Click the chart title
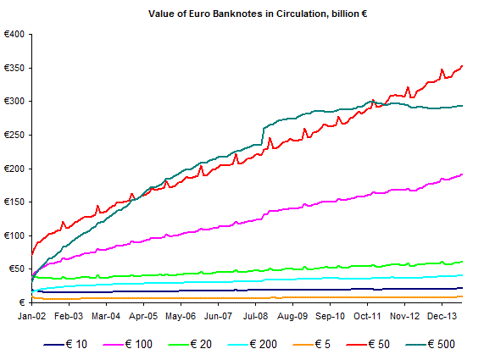pos(258,14)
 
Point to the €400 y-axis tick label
pos(14,34)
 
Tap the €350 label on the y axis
pos(14,68)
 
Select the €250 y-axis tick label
pos(14,135)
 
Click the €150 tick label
pos(14,202)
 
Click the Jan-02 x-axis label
pos(32,316)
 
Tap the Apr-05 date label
pos(143,316)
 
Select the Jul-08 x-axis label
pos(256,316)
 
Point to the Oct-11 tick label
pos(367,316)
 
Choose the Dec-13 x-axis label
pos(442,316)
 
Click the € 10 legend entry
pos(65,344)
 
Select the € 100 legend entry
pos(127,344)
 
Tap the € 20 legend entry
pos(190,344)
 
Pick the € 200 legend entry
pos(253,344)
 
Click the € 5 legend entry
pos(311,344)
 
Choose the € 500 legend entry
pos(431,344)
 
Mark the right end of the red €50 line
pos(462,66)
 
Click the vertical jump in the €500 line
pos(263,136)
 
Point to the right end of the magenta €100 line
pos(462,174)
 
